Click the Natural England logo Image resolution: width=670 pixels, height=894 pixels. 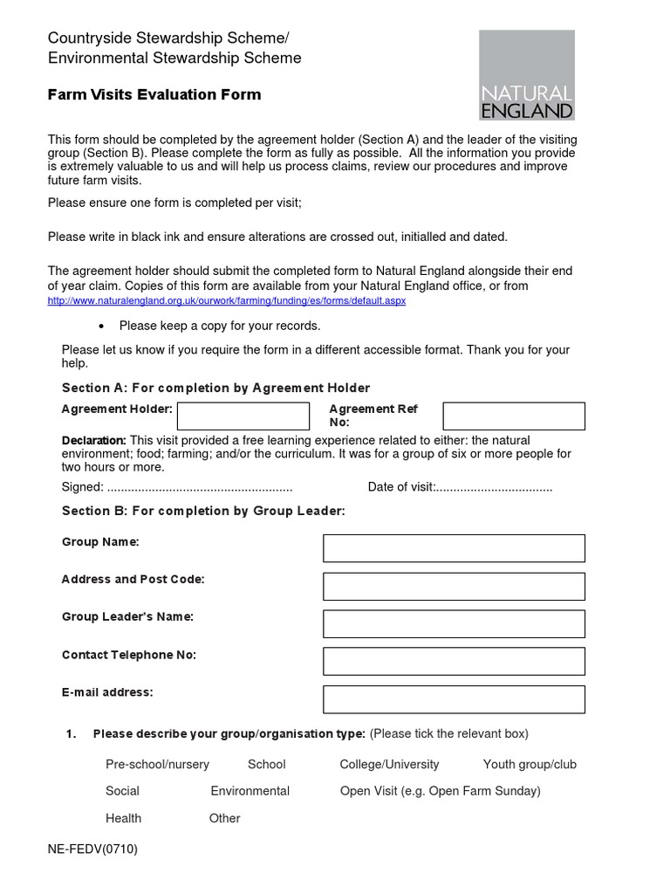click(x=527, y=75)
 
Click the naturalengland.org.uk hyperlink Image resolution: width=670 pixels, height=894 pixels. click(x=226, y=300)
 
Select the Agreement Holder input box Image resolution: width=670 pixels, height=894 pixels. click(x=243, y=416)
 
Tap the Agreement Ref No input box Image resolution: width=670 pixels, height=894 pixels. click(x=514, y=416)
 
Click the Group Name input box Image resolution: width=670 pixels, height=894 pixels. click(x=454, y=548)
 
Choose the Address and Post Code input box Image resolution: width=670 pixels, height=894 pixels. click(x=454, y=586)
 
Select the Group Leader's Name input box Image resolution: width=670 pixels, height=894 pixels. click(x=454, y=623)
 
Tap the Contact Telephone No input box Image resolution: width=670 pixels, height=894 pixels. click(x=454, y=662)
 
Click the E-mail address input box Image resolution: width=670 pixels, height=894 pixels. click(x=454, y=699)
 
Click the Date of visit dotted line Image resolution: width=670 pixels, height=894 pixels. click(x=494, y=487)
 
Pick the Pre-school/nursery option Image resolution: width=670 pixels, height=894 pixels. click(x=157, y=764)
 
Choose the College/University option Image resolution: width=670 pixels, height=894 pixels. click(x=389, y=764)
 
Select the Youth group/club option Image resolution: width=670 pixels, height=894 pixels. click(x=530, y=764)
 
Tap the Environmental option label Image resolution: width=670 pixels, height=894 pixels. click(x=250, y=791)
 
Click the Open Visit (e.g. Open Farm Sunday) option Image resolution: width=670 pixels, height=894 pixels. click(x=440, y=791)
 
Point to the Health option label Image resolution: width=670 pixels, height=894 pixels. click(x=123, y=818)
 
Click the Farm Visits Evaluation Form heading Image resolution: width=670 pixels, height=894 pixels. click(x=154, y=94)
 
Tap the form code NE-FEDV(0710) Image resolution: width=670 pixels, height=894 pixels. click(x=92, y=849)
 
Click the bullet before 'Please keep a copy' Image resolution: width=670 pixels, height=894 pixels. click(x=102, y=327)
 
